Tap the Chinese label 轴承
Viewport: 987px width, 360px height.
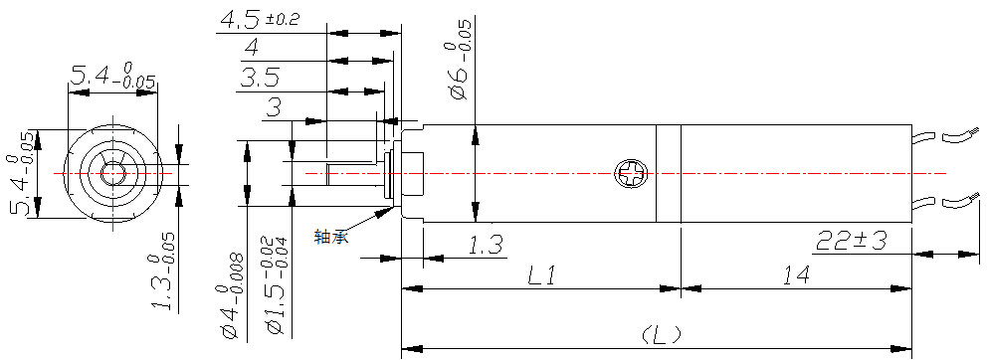pos(331,238)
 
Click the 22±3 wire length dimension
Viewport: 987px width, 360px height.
pos(852,241)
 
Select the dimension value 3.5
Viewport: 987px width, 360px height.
pos(260,79)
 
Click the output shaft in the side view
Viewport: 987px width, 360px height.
pos(355,173)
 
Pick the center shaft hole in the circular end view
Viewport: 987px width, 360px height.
pos(113,173)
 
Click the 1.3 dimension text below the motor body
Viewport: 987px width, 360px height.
pos(486,246)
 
